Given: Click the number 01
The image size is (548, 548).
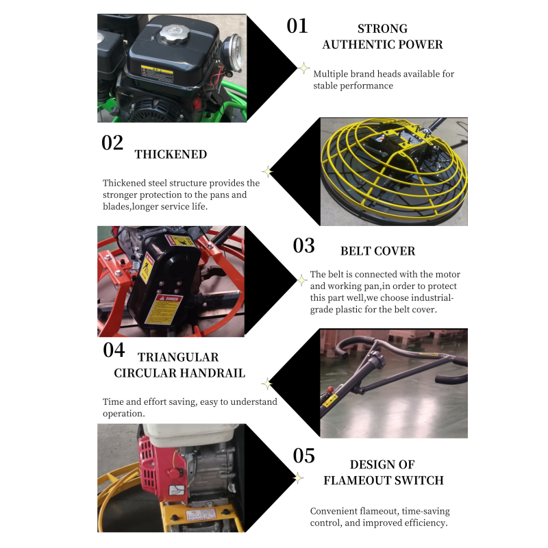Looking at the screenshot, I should click(297, 26).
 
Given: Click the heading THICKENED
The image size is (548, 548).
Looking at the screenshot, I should click(171, 155).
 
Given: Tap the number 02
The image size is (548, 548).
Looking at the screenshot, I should click(112, 142).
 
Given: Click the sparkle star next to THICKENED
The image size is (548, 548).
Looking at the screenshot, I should click(268, 171).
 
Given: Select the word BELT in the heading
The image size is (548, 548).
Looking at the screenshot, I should click(356, 251).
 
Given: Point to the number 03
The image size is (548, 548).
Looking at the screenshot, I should click(304, 245).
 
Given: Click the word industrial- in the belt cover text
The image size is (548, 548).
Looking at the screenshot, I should click(426, 298).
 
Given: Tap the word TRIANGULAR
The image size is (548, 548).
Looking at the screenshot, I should click(178, 358).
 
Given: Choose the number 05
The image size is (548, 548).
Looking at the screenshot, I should click(304, 456).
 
